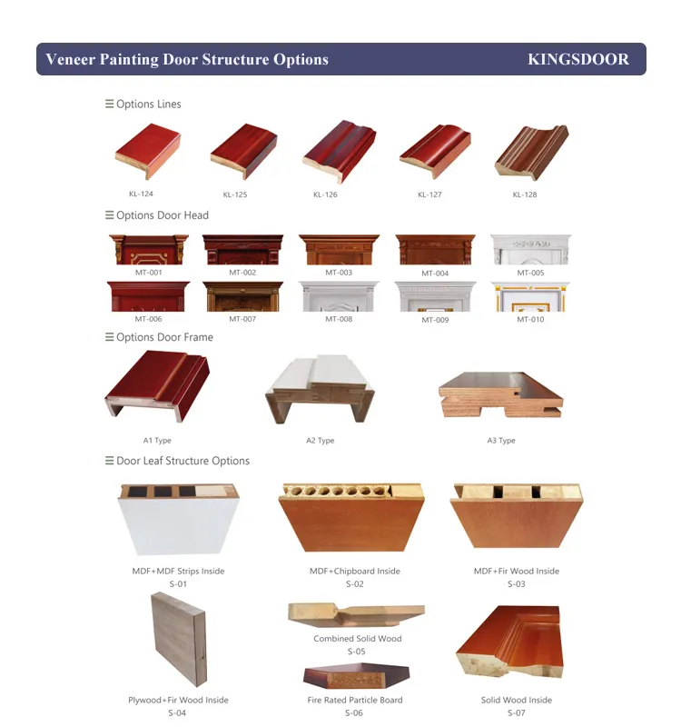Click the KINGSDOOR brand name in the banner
(x=578, y=59)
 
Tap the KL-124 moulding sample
(x=148, y=151)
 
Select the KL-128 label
(x=525, y=194)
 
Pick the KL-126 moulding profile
(x=339, y=151)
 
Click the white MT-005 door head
(x=530, y=249)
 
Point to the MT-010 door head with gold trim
(x=530, y=296)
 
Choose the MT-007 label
(x=242, y=319)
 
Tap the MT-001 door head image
(x=149, y=249)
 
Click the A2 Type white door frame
(x=320, y=389)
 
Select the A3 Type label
(x=501, y=441)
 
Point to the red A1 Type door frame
(x=157, y=385)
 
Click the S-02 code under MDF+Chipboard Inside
(x=354, y=584)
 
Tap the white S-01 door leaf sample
(x=178, y=519)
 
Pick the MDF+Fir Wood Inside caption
(x=516, y=572)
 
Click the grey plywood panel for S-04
(x=179, y=639)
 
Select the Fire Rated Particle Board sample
(x=356, y=676)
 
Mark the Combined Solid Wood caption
(x=357, y=639)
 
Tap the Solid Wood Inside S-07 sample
(x=509, y=642)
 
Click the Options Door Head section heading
(x=163, y=215)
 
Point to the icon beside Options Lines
(x=109, y=104)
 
